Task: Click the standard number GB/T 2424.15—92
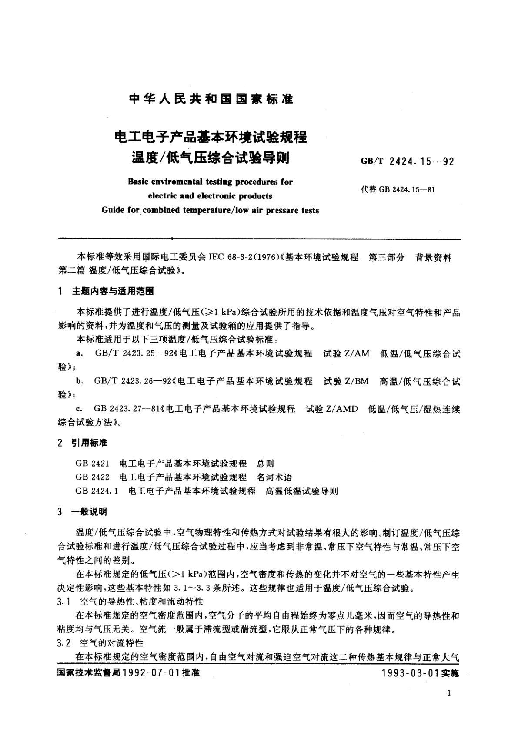[407, 161]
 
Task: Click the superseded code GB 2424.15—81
[398, 189]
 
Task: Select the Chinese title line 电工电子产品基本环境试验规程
[211, 137]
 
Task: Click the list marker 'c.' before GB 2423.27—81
[79, 409]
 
